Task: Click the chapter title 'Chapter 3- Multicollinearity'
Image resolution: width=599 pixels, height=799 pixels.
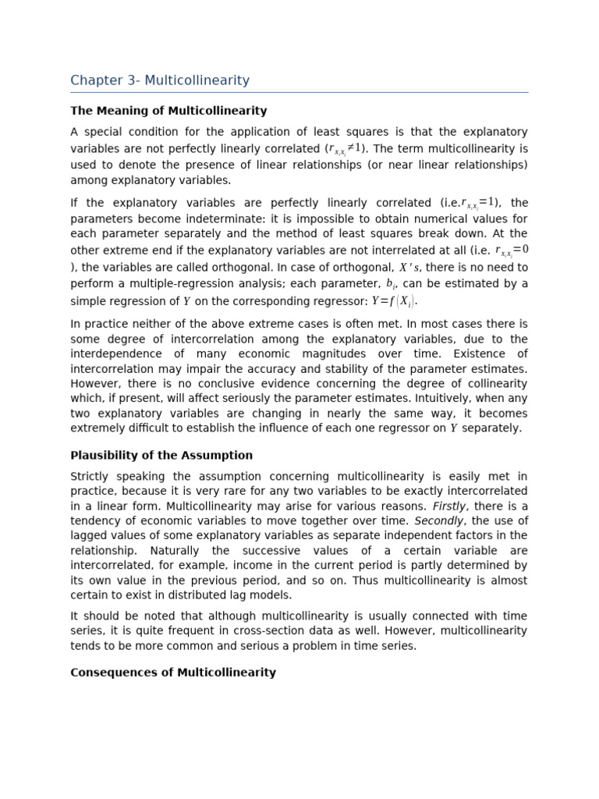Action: pos(160,80)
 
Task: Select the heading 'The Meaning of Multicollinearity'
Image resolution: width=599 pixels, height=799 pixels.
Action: pos(168,111)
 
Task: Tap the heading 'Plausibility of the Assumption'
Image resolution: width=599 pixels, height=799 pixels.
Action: pos(161,456)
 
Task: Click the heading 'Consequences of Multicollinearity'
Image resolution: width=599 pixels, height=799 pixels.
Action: pos(173,673)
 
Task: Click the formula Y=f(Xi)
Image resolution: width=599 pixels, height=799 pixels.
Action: pos(395,301)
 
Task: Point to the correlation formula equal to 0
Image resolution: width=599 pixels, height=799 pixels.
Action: pos(512,250)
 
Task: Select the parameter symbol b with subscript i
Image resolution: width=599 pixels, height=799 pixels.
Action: pos(391,284)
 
